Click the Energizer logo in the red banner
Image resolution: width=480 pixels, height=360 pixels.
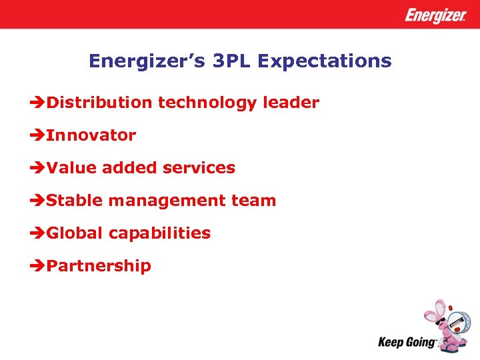pos(435,15)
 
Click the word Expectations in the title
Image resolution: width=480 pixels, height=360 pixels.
pos(325,61)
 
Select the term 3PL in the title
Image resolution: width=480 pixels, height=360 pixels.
pos(229,61)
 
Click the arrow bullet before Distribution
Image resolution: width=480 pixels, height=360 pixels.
pos(38,103)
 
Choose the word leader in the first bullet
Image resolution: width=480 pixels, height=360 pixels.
pos(291,103)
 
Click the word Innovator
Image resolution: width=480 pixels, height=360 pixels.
pos(91,135)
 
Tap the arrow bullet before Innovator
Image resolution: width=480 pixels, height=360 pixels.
pos(38,135)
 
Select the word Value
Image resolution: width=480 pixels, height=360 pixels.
pos(71,168)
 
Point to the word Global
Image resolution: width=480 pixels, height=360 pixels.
pos(75,233)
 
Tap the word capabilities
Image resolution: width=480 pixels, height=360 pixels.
pos(159,233)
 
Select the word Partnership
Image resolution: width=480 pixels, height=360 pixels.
pos(99,266)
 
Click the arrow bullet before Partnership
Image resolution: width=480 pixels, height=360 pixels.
pos(38,266)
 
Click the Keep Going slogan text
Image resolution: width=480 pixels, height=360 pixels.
pos(407,343)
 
